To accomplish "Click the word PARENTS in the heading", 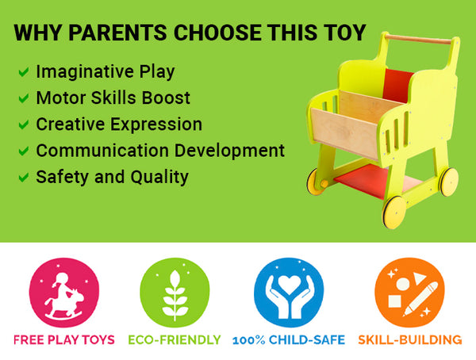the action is click(117, 33).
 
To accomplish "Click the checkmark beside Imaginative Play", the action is click(24, 72).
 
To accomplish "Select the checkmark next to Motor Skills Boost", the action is click(24, 98).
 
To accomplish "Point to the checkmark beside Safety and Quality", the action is click(24, 178).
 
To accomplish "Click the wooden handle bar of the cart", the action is click(418, 40).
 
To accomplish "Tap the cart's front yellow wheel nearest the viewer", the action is click(394, 213).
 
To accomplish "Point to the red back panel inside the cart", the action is click(397, 86).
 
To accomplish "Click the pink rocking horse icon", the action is click(64, 293).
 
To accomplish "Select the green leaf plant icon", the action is click(175, 293).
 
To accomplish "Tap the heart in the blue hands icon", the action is click(289, 285).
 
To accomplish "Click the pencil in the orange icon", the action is click(421, 299).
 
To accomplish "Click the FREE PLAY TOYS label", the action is click(64, 339).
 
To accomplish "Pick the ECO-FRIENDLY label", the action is click(175, 339).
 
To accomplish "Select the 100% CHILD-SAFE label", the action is click(289, 339).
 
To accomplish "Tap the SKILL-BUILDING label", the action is click(410, 339).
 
